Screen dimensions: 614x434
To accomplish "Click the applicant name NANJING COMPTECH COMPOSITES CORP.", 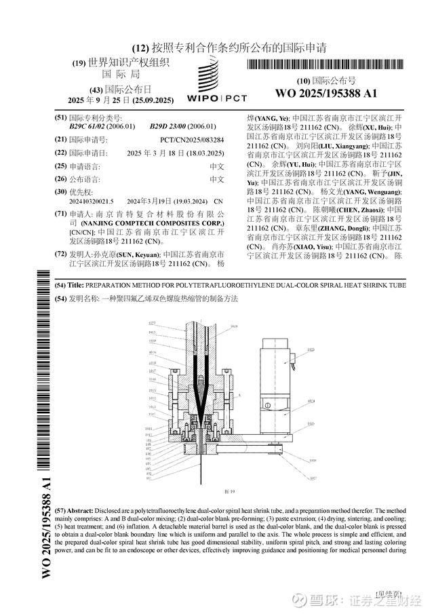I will (152, 223).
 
